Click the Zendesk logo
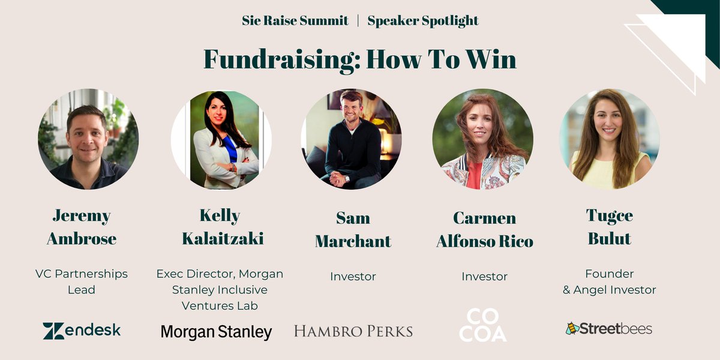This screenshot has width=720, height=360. [x=82, y=331]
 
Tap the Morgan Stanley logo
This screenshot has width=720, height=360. [x=216, y=332]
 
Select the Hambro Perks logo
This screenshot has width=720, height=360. [x=353, y=331]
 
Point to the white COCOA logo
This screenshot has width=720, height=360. [x=484, y=326]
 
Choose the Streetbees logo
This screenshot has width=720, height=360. [x=608, y=328]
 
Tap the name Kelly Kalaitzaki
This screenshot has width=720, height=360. [x=223, y=227]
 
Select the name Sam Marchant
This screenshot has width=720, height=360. [x=353, y=229]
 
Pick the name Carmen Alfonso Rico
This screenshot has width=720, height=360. [x=485, y=229]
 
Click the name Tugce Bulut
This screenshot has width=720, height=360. [x=610, y=227]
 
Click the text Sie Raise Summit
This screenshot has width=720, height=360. [x=295, y=20]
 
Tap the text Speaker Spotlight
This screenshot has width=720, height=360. [x=423, y=20]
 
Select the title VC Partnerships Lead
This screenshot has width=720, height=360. [x=82, y=281]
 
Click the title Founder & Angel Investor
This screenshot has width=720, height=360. [x=610, y=281]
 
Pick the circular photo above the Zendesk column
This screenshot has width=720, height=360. [x=88, y=139]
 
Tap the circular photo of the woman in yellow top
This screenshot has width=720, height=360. [x=610, y=139]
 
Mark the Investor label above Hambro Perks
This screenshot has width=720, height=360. [x=353, y=277]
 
